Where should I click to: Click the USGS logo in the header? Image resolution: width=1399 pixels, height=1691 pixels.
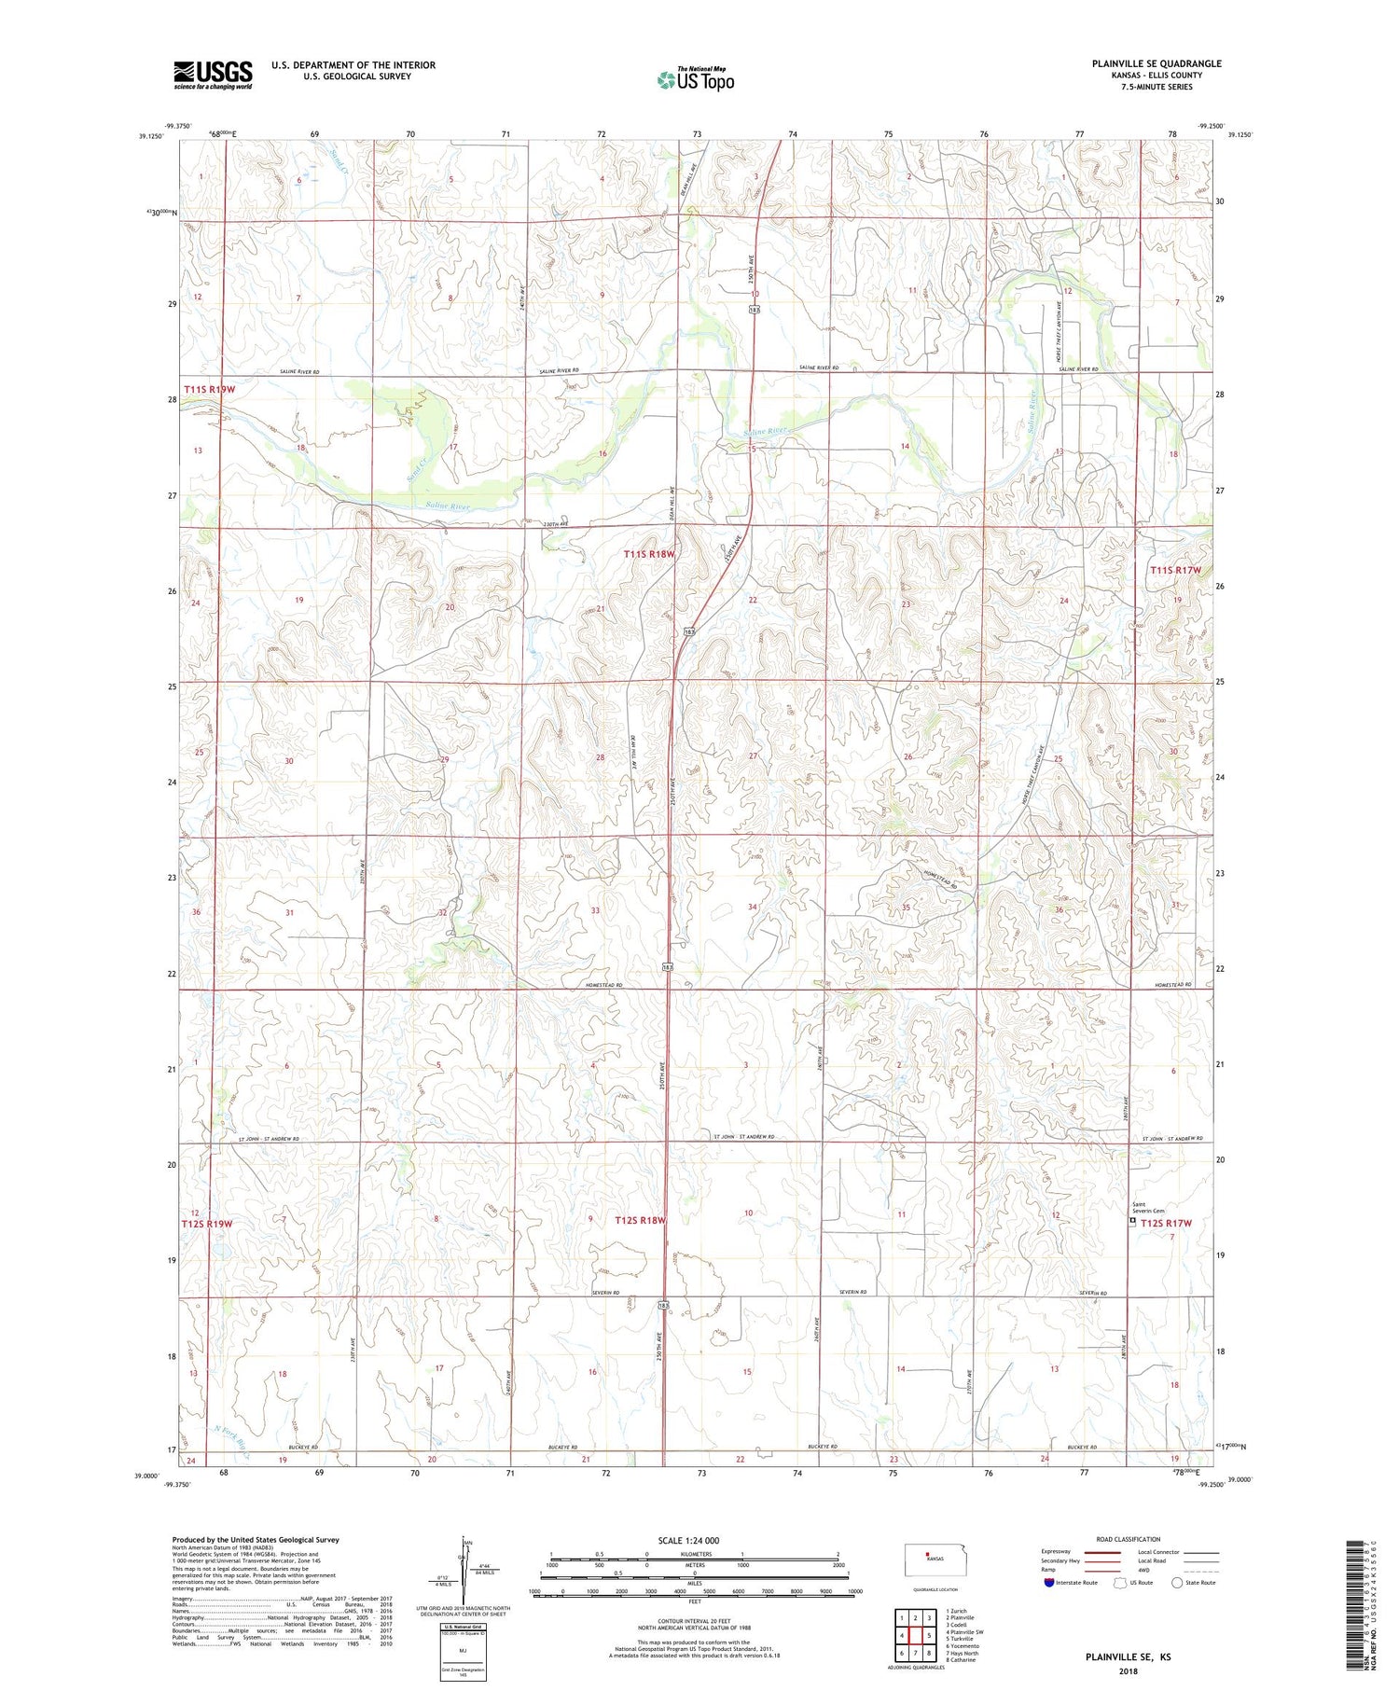(x=213, y=75)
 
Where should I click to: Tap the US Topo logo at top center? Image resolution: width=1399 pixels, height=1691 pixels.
(x=695, y=80)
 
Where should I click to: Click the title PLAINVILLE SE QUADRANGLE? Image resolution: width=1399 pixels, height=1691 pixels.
(x=1157, y=63)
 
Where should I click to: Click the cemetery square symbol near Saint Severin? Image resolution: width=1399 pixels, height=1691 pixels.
(x=1133, y=1220)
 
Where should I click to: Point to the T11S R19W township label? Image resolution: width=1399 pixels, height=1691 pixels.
(x=209, y=389)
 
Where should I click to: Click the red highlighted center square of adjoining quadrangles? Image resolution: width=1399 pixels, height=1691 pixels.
(x=929, y=1636)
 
